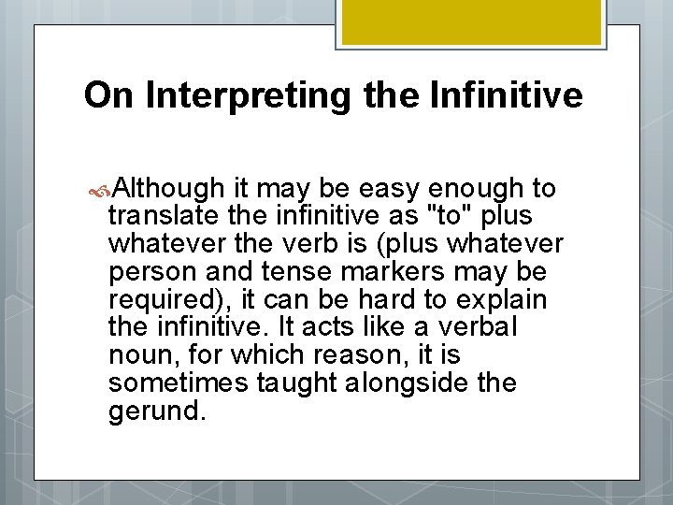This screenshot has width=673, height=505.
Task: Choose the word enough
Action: pyautogui.click(x=478, y=189)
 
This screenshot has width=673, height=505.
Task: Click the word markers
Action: pyautogui.click(x=384, y=273)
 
